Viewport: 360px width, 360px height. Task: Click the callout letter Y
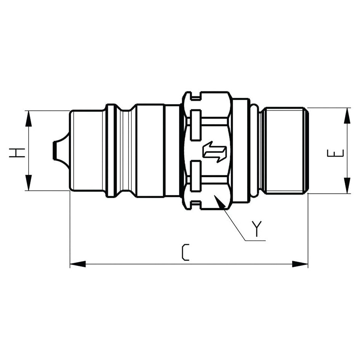point(258,229)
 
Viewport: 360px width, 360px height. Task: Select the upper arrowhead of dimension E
point(347,116)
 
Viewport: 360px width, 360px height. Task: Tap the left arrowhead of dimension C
point(78,264)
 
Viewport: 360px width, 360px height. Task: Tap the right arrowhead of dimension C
point(300,264)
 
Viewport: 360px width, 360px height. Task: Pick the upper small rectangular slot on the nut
point(195,125)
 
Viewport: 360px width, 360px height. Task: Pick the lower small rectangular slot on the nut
point(195,176)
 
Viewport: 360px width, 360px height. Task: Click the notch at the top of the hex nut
point(195,96)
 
